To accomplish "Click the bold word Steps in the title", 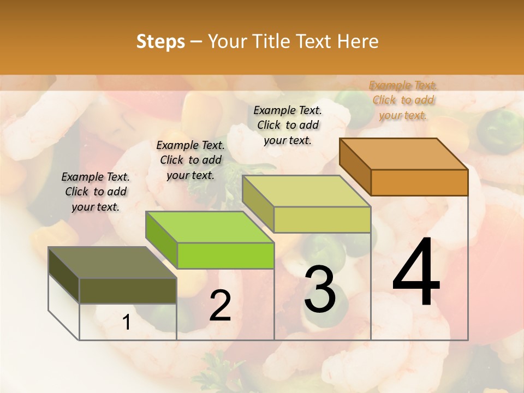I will pyautogui.click(x=160, y=41).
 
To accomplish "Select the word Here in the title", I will pyautogui.click(x=358, y=41).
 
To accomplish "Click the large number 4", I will pyautogui.click(x=416, y=273).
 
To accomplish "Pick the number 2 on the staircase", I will pyautogui.click(x=220, y=306).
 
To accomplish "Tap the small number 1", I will pyautogui.click(x=127, y=323).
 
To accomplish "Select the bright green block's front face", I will pyautogui.click(x=225, y=255).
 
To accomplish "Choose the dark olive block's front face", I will pyautogui.click(x=128, y=290).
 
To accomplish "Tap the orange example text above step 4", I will pyautogui.click(x=403, y=100).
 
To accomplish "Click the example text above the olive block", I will pyautogui.click(x=96, y=192).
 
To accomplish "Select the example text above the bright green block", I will pyautogui.click(x=190, y=160).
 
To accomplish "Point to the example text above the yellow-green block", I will pyautogui.click(x=288, y=125).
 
